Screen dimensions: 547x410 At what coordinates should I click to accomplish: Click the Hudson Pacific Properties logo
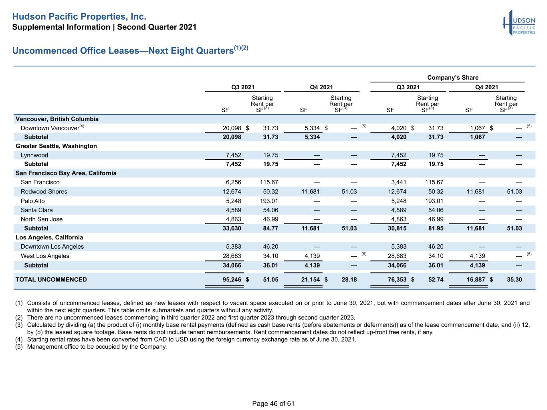(x=519, y=23)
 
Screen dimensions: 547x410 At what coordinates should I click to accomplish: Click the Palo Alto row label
(x=32, y=201)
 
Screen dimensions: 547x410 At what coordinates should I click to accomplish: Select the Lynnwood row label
(x=34, y=155)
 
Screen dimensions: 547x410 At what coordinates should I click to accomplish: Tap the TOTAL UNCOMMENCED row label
(x=51, y=279)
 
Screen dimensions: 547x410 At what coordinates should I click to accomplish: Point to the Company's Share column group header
(x=452, y=77)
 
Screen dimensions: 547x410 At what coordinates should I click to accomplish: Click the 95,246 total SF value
(x=232, y=279)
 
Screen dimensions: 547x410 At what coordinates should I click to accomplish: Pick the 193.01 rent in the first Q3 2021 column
(x=269, y=201)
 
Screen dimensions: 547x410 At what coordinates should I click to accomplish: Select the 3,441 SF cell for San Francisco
(x=398, y=182)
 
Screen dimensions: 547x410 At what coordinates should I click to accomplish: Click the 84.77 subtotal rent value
(x=270, y=228)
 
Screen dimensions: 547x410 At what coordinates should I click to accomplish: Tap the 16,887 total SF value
(x=476, y=279)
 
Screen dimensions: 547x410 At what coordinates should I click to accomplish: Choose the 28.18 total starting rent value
(x=349, y=279)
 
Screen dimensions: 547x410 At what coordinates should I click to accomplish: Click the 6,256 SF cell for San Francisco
(x=234, y=182)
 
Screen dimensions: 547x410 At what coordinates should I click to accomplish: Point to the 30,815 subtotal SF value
(x=397, y=228)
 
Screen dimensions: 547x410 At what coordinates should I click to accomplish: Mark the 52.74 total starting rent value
(x=436, y=279)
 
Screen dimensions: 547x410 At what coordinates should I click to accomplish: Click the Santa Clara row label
(x=36, y=210)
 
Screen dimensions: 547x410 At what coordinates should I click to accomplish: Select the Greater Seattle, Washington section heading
(x=56, y=146)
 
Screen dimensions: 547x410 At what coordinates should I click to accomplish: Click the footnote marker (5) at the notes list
(x=19, y=347)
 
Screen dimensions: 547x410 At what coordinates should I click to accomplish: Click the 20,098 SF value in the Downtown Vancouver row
(x=232, y=128)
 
